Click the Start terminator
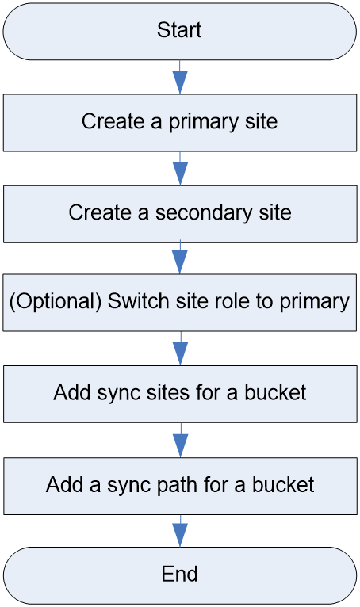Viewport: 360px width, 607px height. click(x=180, y=32)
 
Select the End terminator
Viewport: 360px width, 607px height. click(x=180, y=575)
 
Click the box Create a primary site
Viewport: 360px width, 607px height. click(x=180, y=123)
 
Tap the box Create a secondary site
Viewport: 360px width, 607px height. click(x=180, y=214)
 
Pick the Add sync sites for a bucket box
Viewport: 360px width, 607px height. click(x=180, y=394)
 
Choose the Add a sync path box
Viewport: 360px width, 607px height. click(x=180, y=487)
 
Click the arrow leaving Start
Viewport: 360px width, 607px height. click(x=180, y=77)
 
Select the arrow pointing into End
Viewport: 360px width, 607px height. click(x=180, y=531)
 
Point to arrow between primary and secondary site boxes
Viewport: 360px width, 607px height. click(x=180, y=169)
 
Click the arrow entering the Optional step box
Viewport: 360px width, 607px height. click(x=180, y=258)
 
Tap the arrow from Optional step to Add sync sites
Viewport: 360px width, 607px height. click(x=180, y=349)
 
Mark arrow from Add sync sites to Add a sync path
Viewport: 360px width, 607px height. click(x=180, y=440)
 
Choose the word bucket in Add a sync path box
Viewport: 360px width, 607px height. click(x=283, y=485)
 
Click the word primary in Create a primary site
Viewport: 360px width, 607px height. click(x=204, y=122)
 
